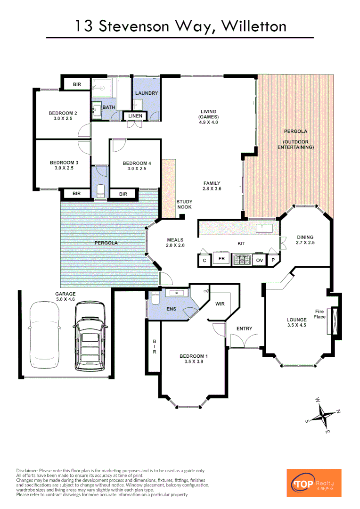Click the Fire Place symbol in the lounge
(x=335, y=321)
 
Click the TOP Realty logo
(x=314, y=483)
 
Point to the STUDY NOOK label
(x=184, y=205)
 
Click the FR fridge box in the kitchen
(x=221, y=259)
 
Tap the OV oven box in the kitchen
(x=259, y=260)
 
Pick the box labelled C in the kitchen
(x=204, y=260)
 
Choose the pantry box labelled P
(x=273, y=260)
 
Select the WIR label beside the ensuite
(x=220, y=304)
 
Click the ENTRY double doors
(x=244, y=341)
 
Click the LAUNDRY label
(x=147, y=93)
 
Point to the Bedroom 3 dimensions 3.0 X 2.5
(x=64, y=168)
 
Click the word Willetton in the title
(x=254, y=26)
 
